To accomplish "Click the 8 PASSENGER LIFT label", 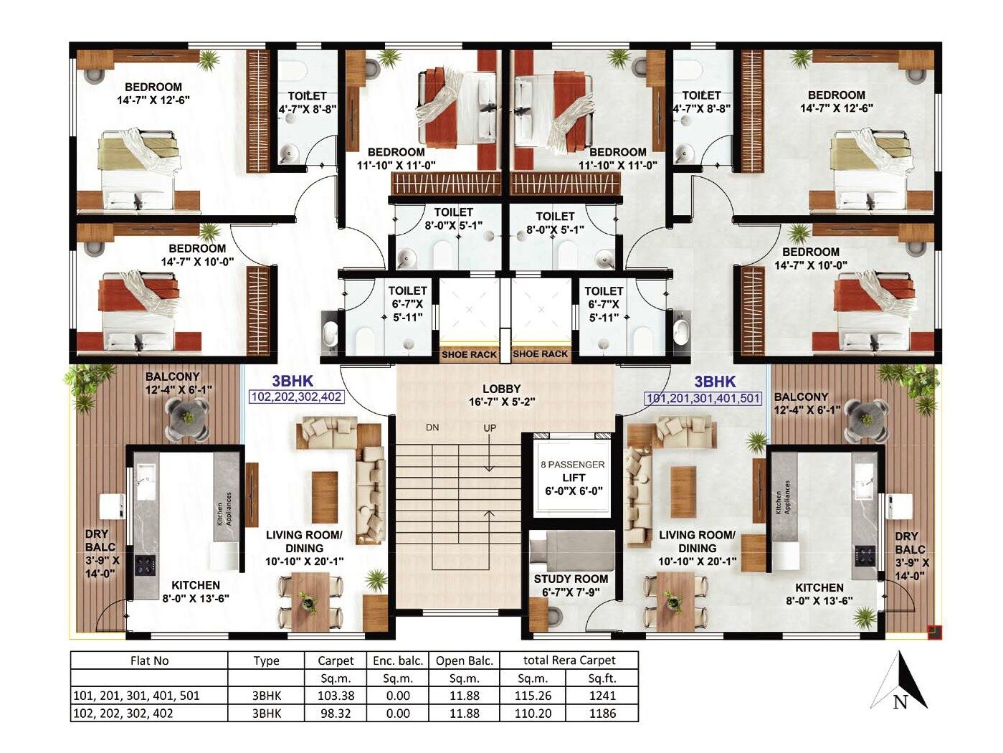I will [574, 478].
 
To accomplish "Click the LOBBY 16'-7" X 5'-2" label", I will [501, 395].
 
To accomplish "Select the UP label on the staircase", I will [490, 428].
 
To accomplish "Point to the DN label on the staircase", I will [432, 428].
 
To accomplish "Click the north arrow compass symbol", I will [900, 681].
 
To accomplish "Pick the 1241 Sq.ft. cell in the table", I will [602, 695].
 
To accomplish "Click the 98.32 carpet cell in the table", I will [336, 714].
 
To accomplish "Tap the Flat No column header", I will [149, 660].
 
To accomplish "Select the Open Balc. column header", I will [464, 660].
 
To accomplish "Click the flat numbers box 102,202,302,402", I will [296, 397].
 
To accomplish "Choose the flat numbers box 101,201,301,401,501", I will [703, 398].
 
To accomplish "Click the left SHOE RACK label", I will [469, 354].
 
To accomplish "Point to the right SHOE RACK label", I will [541, 354].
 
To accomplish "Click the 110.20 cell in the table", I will [533, 714].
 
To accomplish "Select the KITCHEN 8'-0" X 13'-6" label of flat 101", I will [819, 594].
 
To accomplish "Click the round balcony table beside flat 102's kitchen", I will [187, 419].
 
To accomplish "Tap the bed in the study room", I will [572, 549].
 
